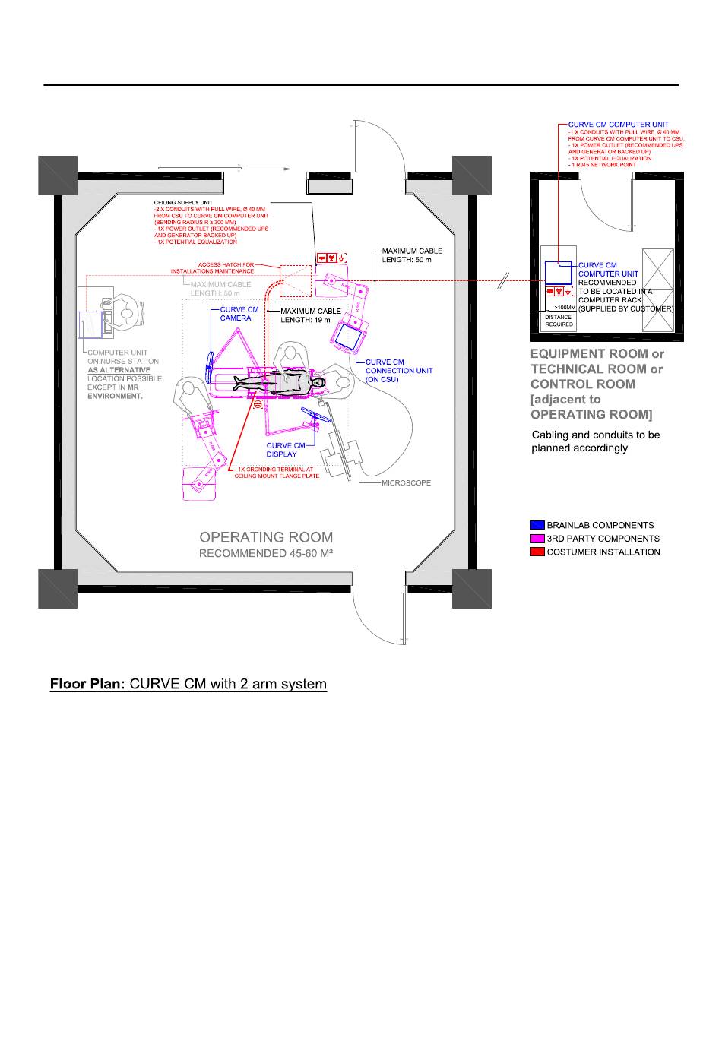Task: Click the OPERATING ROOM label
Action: [266, 538]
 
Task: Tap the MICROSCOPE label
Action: [406, 482]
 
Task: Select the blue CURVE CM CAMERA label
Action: [239, 314]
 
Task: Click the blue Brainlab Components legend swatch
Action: [537, 525]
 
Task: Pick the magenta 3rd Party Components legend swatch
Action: [537, 539]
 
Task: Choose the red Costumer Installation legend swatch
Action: [537, 552]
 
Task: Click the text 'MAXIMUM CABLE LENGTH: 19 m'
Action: [311, 315]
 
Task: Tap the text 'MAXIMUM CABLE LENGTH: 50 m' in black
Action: [411, 255]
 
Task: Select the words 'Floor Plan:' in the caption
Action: [87, 684]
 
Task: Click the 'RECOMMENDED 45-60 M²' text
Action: [266, 554]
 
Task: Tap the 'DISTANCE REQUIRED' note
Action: [559, 321]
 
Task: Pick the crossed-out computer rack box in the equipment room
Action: [657, 289]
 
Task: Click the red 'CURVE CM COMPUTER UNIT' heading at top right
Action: [619, 125]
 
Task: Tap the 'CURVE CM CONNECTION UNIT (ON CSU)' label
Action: [398, 371]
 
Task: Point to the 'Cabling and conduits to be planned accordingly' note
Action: [595, 441]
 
